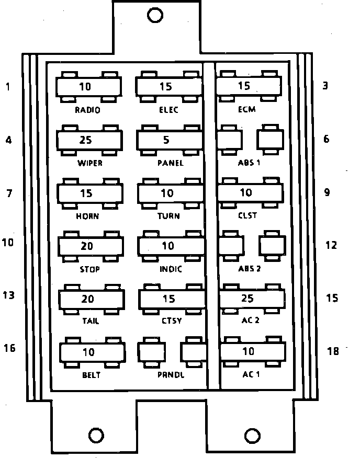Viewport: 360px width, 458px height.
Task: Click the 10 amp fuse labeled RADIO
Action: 88,87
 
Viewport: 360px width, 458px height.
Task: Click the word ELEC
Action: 168,110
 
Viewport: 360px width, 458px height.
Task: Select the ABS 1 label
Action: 250,163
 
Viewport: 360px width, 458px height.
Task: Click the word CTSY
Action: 172,321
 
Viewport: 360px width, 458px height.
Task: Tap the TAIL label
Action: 91,321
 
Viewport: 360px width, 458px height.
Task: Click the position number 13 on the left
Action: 9,296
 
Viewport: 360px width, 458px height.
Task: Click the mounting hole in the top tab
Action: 155,15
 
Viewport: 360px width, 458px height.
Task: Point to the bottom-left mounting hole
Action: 96,435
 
